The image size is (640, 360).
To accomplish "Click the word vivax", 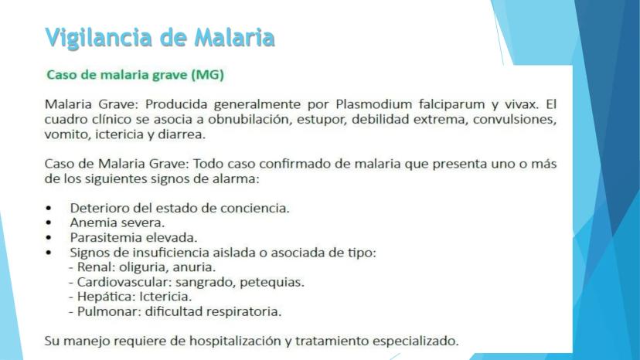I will [x=516, y=103].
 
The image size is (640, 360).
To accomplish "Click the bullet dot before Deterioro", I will [x=49, y=209].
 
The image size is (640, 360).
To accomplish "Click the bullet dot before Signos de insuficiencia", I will [x=49, y=253].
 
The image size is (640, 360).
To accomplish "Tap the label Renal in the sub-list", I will [x=93, y=267].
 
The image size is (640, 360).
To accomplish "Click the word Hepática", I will [x=100, y=297].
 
